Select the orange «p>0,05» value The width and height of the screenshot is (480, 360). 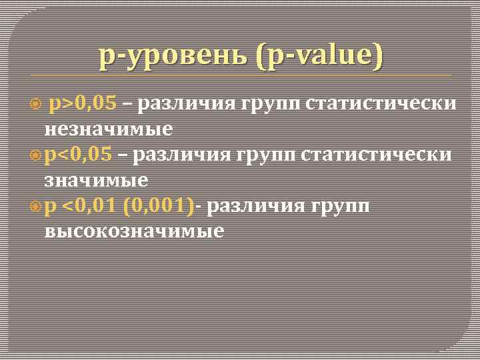tap(83, 103)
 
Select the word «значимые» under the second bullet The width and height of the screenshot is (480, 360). tap(96, 180)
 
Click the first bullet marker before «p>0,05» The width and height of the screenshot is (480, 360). tap(37, 104)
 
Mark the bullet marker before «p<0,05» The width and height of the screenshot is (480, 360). tap(36, 156)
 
